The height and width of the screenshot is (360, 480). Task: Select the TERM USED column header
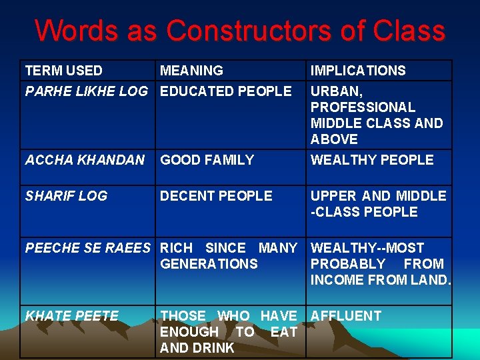[64, 71]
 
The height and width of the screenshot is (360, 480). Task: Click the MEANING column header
[192, 71]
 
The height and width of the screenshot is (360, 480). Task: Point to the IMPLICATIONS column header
[358, 71]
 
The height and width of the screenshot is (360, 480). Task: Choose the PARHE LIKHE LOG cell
[87, 91]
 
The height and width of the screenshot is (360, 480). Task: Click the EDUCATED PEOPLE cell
[226, 91]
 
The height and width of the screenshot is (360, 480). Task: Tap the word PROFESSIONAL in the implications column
[363, 107]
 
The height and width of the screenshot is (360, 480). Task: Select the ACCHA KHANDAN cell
[85, 160]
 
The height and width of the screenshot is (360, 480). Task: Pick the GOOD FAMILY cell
[207, 160]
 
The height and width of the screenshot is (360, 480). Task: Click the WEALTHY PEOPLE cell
[372, 160]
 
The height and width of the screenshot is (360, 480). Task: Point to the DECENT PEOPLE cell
[217, 196]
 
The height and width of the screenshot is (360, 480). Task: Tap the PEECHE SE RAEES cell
[88, 248]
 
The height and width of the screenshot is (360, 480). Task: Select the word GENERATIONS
[209, 264]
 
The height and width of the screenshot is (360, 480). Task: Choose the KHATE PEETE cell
[72, 316]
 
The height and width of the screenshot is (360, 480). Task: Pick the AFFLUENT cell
[346, 316]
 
